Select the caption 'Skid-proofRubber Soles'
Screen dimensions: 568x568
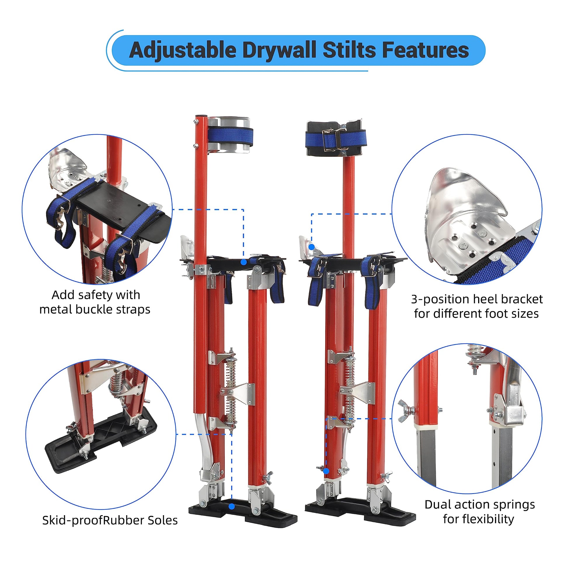coord(110,520)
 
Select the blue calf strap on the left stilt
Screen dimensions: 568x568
coord(231,137)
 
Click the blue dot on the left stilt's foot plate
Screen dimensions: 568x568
coord(243,262)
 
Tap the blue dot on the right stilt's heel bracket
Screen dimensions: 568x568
coord(312,247)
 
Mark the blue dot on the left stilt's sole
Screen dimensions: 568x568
coord(232,506)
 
